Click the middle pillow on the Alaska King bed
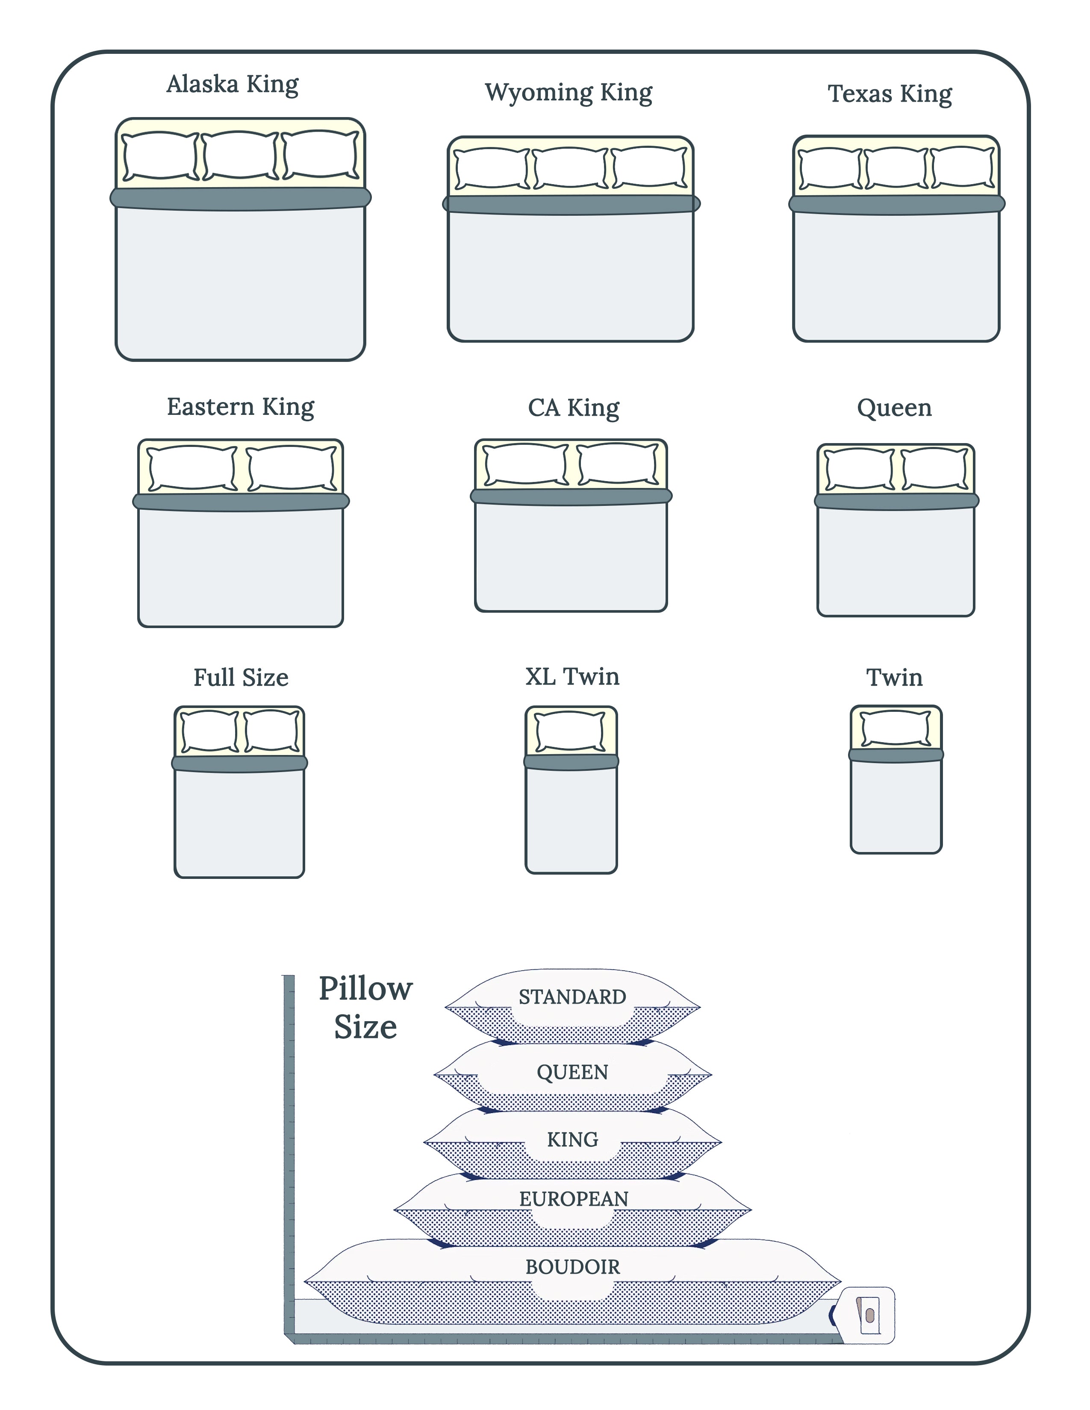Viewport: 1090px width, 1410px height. tap(240, 156)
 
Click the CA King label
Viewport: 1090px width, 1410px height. tap(573, 408)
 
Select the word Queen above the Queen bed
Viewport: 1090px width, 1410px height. tap(894, 408)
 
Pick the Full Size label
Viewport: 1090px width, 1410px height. tap(241, 677)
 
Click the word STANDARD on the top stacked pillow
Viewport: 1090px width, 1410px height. tap(572, 997)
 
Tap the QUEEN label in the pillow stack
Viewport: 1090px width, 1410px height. tap(572, 1072)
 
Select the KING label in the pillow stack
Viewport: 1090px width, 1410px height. tap(572, 1140)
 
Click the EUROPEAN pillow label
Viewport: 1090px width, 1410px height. tap(573, 1199)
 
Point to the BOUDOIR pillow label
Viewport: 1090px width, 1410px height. tap(572, 1267)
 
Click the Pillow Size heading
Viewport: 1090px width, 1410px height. tap(365, 1007)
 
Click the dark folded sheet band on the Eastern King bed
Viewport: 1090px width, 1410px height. tap(241, 502)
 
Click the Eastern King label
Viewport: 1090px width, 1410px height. tap(240, 407)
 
